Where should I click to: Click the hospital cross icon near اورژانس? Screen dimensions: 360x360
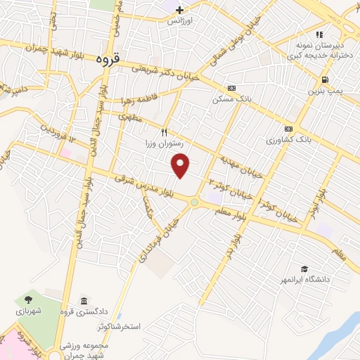tap(180, 10)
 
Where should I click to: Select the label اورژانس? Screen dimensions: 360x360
tap(180, 21)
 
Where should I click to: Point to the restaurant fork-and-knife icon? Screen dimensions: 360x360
tap(165, 131)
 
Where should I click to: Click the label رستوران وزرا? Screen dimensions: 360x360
tap(164, 143)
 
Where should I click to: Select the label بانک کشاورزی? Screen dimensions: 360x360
tap(288, 140)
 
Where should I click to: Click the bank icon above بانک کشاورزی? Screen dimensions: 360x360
tap(288, 129)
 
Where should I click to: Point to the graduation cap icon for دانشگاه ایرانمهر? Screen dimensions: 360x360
tap(304, 269)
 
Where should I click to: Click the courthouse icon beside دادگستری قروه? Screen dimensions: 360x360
tap(84, 301)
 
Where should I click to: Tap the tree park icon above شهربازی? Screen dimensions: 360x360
tap(28, 299)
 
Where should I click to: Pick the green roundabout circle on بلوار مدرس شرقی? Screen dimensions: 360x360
tap(194, 202)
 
